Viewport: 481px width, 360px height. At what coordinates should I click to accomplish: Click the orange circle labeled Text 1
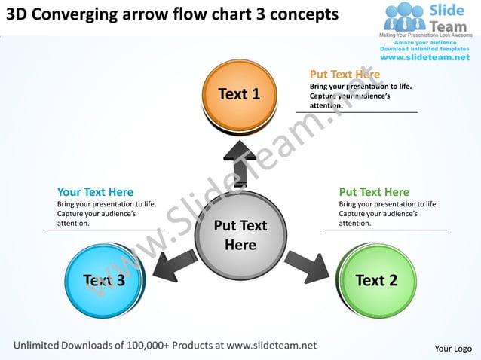click(239, 94)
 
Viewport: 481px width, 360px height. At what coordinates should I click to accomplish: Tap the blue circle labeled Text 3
click(103, 280)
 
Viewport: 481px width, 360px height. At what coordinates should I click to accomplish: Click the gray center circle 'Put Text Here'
click(240, 235)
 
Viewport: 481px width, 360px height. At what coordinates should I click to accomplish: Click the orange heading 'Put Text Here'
click(345, 75)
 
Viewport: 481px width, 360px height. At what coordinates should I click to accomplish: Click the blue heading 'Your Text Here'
click(95, 192)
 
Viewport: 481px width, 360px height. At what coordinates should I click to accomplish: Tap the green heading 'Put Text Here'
click(374, 192)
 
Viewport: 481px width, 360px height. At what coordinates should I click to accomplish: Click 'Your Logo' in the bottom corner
click(453, 348)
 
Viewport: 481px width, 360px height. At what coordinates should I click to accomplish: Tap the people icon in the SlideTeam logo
click(404, 17)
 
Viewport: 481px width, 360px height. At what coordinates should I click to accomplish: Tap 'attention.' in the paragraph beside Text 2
click(354, 224)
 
